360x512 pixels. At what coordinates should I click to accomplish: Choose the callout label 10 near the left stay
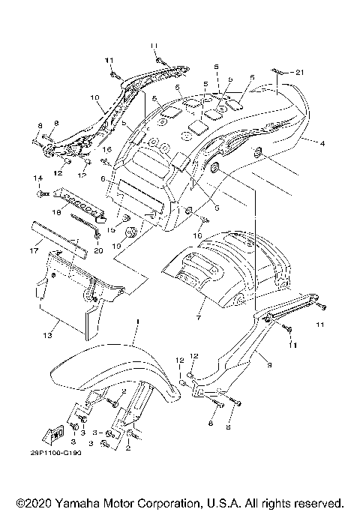pyautogui.click(x=94, y=97)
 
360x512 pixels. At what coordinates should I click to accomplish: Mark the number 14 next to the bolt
pyautogui.click(x=36, y=178)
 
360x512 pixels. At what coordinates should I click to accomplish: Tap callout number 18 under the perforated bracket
pyautogui.click(x=55, y=213)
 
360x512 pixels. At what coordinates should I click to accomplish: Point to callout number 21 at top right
pyautogui.click(x=300, y=72)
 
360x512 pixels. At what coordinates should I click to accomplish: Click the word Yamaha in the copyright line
pyautogui.click(x=79, y=502)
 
